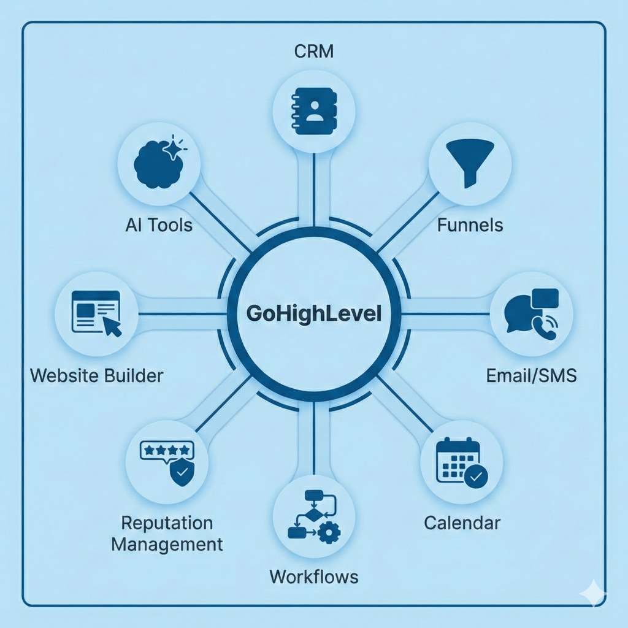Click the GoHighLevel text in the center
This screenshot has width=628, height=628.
click(x=313, y=314)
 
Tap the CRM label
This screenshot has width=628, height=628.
click(x=313, y=51)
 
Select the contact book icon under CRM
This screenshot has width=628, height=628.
click(x=313, y=111)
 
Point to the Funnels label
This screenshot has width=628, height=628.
click(x=470, y=225)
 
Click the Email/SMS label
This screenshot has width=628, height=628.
click(x=531, y=375)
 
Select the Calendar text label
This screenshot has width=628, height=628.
click(x=462, y=523)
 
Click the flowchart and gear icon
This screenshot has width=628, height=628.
click(x=313, y=515)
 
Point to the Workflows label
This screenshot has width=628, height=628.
click(x=313, y=577)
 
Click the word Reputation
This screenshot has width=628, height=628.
click(x=167, y=523)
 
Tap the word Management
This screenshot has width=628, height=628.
click(x=167, y=544)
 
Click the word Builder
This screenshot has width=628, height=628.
click(x=134, y=375)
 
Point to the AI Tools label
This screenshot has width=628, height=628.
click(x=158, y=225)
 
